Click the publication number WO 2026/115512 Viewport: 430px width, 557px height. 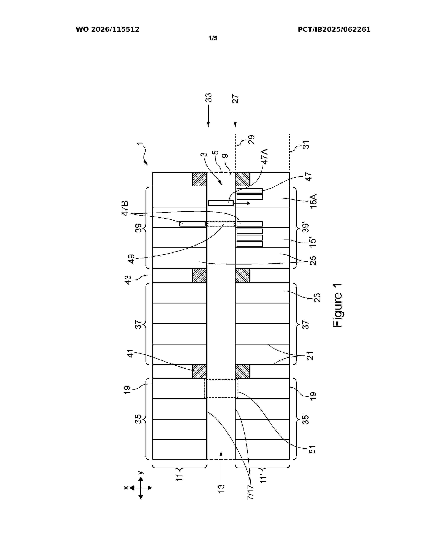click(108, 30)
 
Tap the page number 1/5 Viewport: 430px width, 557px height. click(213, 38)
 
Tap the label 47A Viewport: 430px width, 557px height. click(265, 157)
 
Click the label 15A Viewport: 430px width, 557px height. click(314, 201)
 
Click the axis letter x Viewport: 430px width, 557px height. click(126, 488)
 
